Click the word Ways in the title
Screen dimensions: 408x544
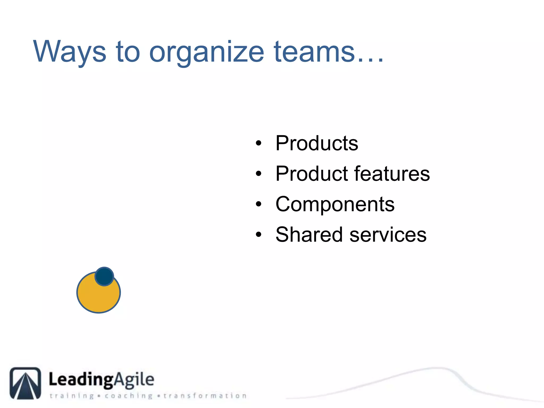(x=70, y=52)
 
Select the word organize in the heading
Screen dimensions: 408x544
(x=207, y=52)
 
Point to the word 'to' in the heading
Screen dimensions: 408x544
(x=128, y=52)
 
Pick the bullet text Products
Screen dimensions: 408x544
(x=317, y=143)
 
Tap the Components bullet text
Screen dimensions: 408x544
(x=335, y=204)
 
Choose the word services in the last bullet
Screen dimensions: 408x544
(x=388, y=235)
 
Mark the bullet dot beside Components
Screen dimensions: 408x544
(x=258, y=204)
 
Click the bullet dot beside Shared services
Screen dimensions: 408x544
(x=258, y=235)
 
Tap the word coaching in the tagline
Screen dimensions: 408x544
(x=129, y=396)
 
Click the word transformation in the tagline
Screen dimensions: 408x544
(x=205, y=396)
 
